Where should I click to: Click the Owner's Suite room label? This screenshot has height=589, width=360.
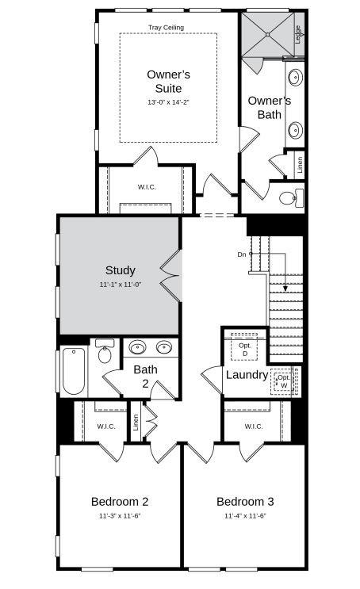tap(168, 81)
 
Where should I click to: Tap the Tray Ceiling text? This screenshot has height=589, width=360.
tap(166, 28)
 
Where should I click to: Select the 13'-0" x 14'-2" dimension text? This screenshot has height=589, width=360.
tap(168, 102)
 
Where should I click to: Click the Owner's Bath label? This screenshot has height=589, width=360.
tap(269, 108)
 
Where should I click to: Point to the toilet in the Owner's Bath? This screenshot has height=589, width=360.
tap(293, 197)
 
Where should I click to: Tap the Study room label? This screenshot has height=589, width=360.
tap(120, 270)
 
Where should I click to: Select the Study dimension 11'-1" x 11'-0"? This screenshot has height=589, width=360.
tap(120, 285)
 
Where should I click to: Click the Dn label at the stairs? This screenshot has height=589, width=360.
tap(242, 254)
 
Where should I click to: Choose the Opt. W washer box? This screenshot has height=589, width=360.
tap(283, 381)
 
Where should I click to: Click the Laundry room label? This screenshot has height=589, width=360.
tap(247, 375)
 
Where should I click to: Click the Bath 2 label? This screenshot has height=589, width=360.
tap(145, 376)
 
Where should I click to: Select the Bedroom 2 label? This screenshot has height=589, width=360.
tap(120, 501)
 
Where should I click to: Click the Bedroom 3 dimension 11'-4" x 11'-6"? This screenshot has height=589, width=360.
tap(245, 516)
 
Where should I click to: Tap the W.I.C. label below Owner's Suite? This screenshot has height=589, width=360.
tap(147, 187)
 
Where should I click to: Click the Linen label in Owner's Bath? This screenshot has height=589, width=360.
tap(299, 165)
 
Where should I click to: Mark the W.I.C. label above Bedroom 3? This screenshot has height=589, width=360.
tap(253, 426)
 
